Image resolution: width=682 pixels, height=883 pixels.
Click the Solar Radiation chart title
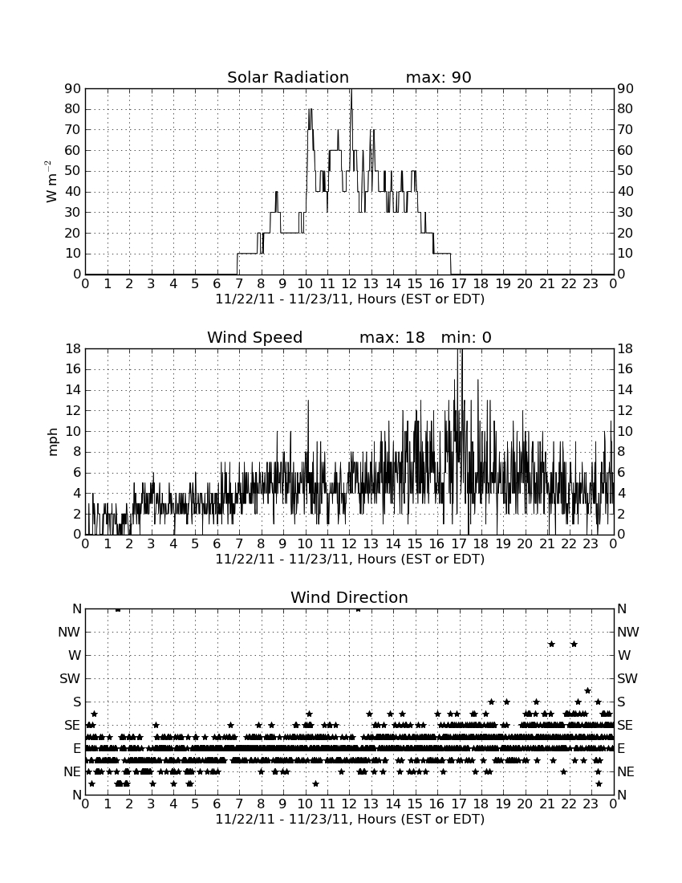[x=287, y=77]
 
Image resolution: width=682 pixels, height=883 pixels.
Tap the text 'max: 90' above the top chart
[x=438, y=77]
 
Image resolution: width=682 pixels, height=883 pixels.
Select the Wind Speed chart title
[x=254, y=337]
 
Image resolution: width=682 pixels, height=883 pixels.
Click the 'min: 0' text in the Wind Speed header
[x=466, y=337]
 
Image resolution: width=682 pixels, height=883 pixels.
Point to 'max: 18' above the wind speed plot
[x=392, y=337]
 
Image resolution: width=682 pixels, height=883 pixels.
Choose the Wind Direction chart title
[x=349, y=597]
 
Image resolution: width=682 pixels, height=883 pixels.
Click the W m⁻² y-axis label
[x=51, y=181]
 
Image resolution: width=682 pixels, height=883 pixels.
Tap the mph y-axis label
[x=53, y=442]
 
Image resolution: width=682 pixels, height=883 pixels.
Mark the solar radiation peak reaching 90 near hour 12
[x=351, y=90]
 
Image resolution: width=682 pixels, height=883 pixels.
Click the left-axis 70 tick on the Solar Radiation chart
[x=73, y=129]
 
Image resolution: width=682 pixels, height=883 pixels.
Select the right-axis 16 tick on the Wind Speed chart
[x=624, y=369]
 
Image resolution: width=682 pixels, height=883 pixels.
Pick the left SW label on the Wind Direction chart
[x=70, y=678]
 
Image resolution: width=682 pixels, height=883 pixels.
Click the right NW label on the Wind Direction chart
[x=628, y=632]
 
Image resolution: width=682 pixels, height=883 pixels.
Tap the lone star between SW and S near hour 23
[x=587, y=690]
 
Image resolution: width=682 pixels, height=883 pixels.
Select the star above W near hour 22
[x=574, y=644]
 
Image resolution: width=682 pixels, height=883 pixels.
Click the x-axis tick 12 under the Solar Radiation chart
[x=349, y=284]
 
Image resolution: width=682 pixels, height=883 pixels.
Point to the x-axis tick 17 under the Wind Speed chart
[x=459, y=544]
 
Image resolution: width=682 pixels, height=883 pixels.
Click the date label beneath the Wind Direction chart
[x=350, y=819]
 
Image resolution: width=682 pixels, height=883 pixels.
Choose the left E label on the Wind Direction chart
[x=77, y=748]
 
